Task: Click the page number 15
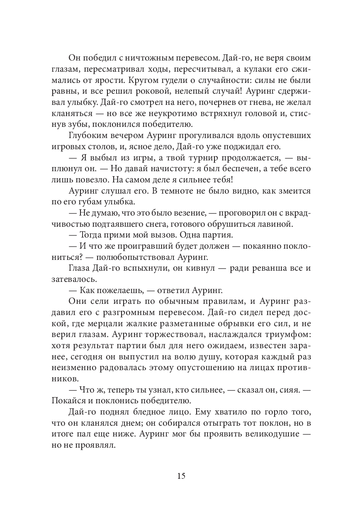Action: (x=181, y=475)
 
